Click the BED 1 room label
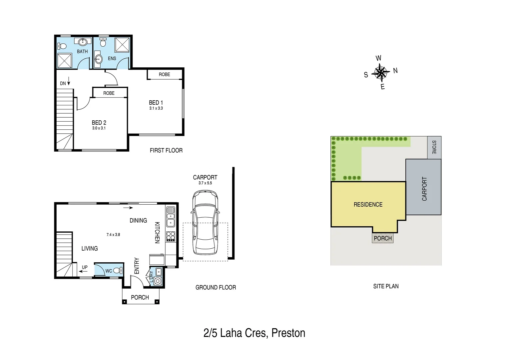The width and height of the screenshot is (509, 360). coord(156,103)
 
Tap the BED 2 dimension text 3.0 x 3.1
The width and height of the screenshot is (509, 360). coord(99,128)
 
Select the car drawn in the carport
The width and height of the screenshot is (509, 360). coord(205,223)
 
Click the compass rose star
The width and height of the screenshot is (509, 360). coord(380,72)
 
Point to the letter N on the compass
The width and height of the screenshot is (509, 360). coord(395,71)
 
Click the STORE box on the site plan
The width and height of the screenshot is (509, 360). coord(434,147)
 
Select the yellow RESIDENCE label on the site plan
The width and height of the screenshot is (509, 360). coord(368,205)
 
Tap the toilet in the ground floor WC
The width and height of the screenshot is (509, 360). coord(118,271)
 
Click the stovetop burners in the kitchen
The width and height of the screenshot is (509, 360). coord(171,236)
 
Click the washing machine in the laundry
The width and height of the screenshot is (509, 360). coord(158,281)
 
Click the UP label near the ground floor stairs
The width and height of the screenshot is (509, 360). coord(85,267)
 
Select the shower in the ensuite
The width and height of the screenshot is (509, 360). coord(122,45)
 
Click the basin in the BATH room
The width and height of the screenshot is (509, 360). coord(83,42)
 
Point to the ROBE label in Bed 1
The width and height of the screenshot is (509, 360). coord(164,74)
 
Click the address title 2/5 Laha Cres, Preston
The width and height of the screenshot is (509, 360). coord(254,333)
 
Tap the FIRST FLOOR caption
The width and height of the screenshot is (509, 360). coord(166,151)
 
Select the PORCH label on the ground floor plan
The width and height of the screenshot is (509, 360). coord(140,297)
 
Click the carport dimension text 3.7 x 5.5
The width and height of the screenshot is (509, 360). coord(205,183)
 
